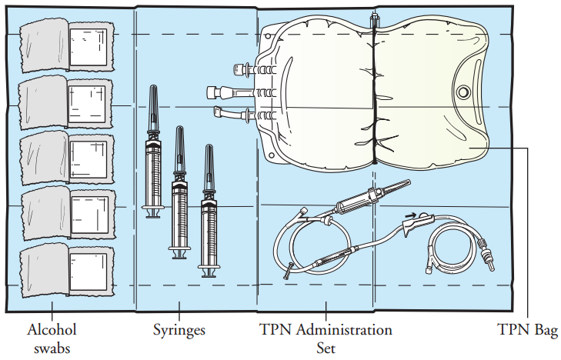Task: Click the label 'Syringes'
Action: (x=179, y=331)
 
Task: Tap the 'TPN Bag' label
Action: (x=527, y=331)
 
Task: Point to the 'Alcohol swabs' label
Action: (x=52, y=338)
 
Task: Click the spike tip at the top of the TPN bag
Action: (x=373, y=17)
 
